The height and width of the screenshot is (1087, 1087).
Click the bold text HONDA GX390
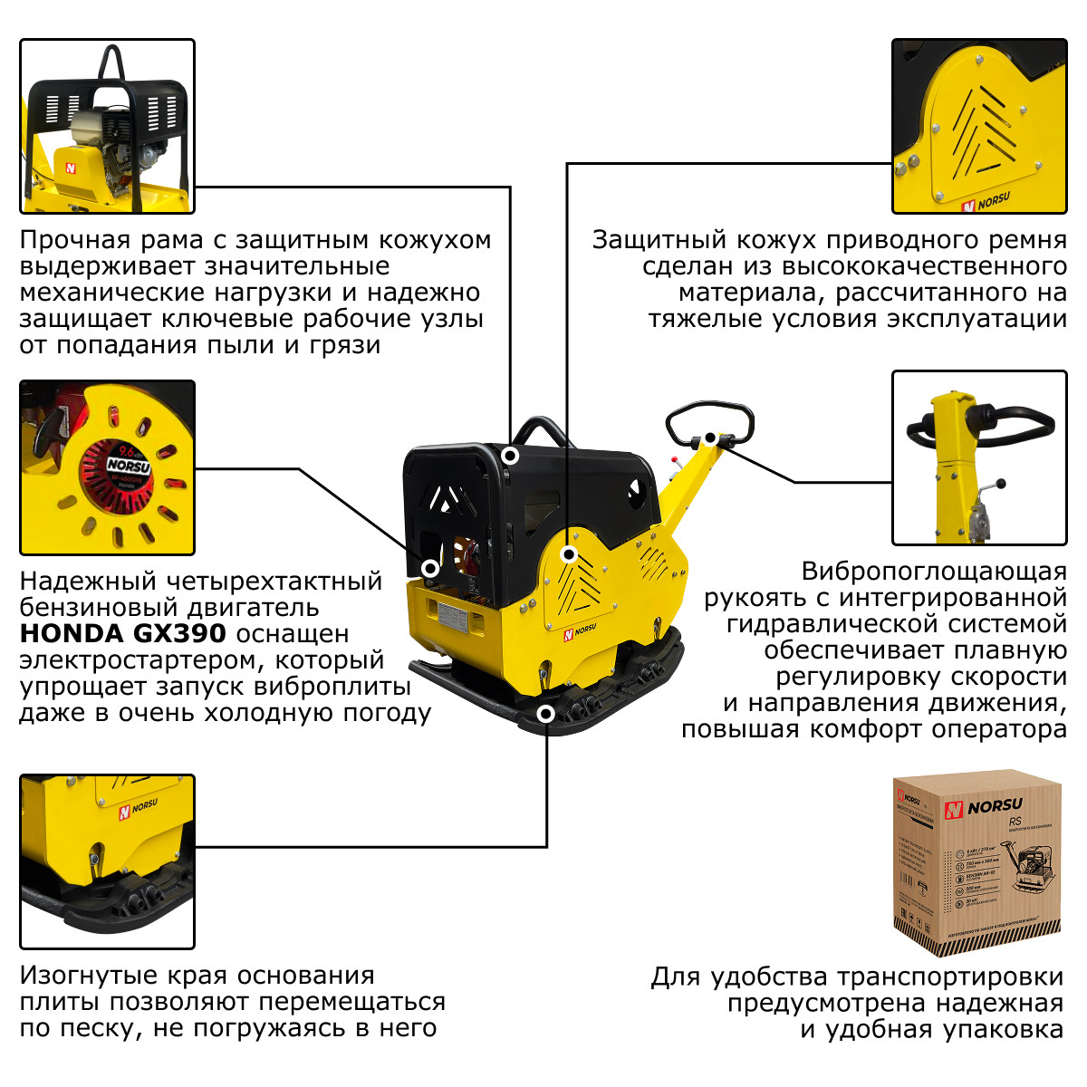[x=123, y=633]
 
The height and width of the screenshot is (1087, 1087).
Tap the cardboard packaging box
[x=976, y=861]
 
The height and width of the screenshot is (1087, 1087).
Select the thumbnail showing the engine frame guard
[x=107, y=126]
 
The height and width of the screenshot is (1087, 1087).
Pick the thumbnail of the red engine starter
[x=107, y=467]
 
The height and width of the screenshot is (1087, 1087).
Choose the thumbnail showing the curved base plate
[x=107, y=861]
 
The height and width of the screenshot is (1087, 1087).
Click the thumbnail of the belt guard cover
[x=979, y=126]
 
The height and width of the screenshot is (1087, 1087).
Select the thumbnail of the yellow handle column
[x=979, y=457]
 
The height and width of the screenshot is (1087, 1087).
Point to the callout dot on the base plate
[x=545, y=714]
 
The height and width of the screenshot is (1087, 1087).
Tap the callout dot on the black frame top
[x=511, y=456]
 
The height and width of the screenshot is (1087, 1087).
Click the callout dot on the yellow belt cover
[x=568, y=553]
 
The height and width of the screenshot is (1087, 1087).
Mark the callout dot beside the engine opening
[x=430, y=569]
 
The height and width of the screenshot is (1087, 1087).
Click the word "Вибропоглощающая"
[x=934, y=572]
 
